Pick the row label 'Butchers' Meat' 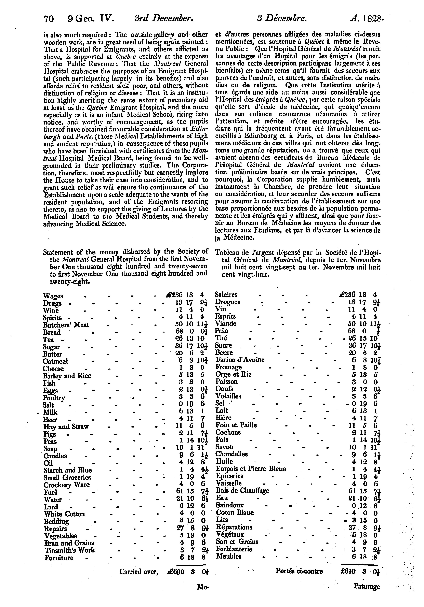[x=66, y=325]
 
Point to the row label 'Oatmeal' [x=56, y=361]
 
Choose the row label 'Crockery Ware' [x=67, y=485]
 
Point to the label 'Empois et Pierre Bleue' [x=251, y=469]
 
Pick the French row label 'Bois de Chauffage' [x=242, y=491]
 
